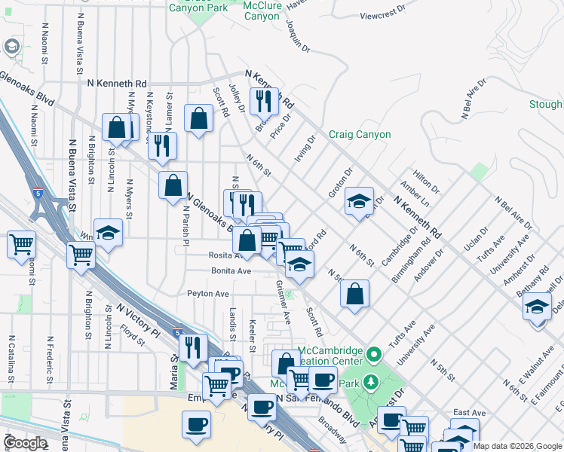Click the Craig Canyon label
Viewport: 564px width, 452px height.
360,135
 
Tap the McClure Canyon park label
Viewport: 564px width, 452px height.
262,10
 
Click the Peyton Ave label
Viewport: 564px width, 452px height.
208,293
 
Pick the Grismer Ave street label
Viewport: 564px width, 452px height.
284,303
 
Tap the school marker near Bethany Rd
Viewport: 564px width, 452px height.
538,307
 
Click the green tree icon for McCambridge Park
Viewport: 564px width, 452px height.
371,382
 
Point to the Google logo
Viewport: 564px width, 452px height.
25,443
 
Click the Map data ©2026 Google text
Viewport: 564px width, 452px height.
518,446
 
